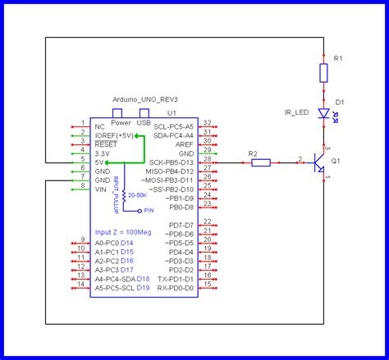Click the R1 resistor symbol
point(323,74)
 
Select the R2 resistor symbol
point(260,162)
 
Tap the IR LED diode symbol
point(323,115)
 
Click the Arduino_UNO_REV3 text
point(144,98)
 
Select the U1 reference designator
point(172,112)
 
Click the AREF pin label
point(184,144)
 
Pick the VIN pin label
point(101,189)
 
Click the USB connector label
point(144,122)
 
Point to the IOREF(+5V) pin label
point(114,135)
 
